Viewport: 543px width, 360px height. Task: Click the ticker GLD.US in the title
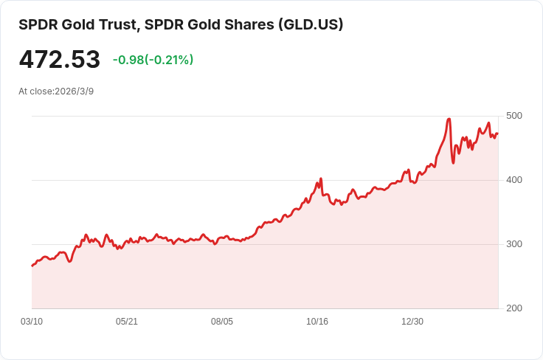[309, 24]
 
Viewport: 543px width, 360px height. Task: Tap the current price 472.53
[59, 60]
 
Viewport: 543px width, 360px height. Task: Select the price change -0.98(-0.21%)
[153, 60]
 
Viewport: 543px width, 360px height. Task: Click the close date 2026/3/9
[75, 91]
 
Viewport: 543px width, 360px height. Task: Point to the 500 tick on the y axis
[514, 116]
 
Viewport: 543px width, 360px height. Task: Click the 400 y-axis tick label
[514, 180]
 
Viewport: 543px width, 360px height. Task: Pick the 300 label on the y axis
[514, 244]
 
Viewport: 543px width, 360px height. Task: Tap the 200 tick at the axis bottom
[514, 308]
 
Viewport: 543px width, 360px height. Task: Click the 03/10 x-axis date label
[32, 322]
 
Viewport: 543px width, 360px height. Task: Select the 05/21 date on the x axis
[127, 322]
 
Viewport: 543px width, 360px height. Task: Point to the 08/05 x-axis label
[222, 322]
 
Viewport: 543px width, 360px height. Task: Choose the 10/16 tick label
[317, 322]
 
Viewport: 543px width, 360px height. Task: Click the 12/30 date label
[412, 322]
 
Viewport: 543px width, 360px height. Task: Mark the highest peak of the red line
[449, 119]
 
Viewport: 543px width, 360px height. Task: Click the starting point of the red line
[32, 266]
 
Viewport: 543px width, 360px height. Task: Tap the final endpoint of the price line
[497, 134]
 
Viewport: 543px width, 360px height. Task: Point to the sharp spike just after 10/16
[321, 179]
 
